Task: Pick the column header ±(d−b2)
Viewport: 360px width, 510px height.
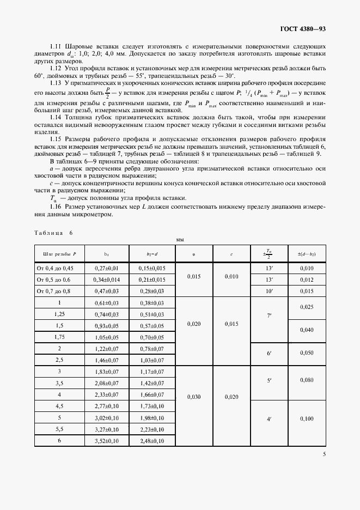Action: click(307, 253)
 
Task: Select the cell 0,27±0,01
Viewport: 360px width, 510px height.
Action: click(106, 268)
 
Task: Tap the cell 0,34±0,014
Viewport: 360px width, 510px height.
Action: click(106, 280)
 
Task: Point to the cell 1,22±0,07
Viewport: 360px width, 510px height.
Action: click(106, 348)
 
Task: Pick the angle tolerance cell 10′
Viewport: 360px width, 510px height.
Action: click(269, 291)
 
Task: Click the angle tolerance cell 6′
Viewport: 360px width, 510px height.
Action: click(269, 354)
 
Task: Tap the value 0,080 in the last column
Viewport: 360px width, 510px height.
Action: click(307, 379)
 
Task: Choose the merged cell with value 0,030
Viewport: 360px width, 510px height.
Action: click(194, 397)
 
